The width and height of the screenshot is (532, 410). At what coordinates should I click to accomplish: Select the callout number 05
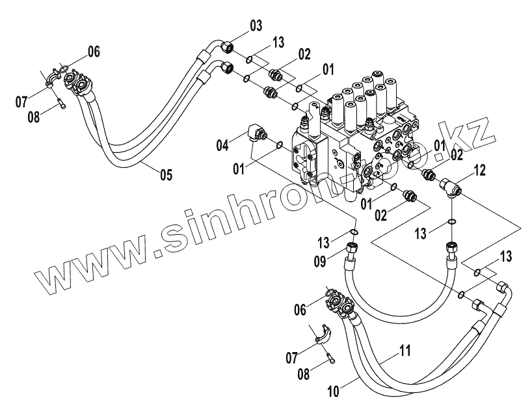(x=166, y=174)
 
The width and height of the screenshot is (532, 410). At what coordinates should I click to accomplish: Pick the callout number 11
(x=404, y=352)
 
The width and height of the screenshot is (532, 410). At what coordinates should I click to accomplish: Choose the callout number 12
(x=480, y=171)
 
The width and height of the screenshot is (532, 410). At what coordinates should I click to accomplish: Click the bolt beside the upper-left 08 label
(x=59, y=102)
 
